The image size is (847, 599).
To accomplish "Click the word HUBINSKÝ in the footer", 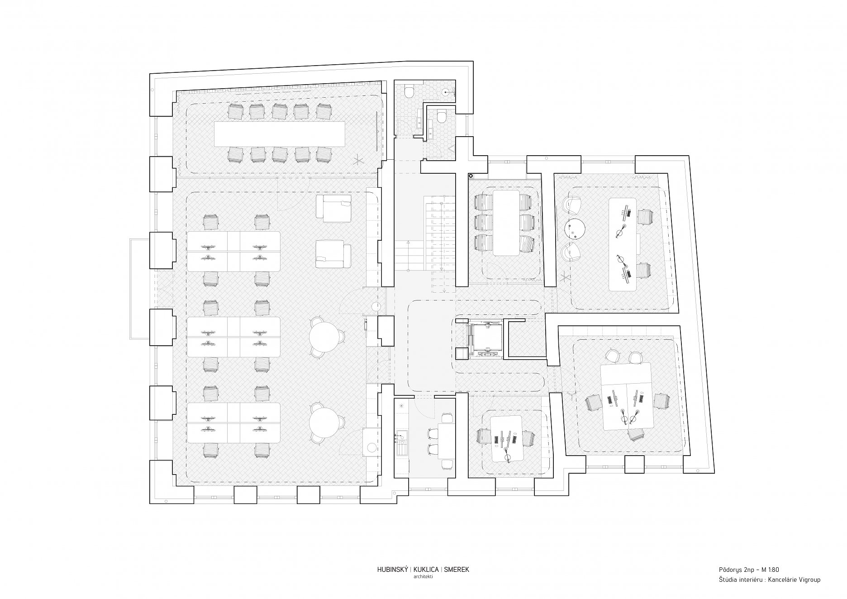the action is point(393,570).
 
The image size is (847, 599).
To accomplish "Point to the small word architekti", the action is point(423,577).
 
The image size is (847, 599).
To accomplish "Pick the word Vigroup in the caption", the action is point(808,580).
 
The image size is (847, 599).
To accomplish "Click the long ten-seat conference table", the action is point(280,133).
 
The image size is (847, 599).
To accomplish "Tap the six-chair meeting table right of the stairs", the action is point(506,222).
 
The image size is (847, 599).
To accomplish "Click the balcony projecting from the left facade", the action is point(139,289).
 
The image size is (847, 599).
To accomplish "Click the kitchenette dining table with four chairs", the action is point(446,441).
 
